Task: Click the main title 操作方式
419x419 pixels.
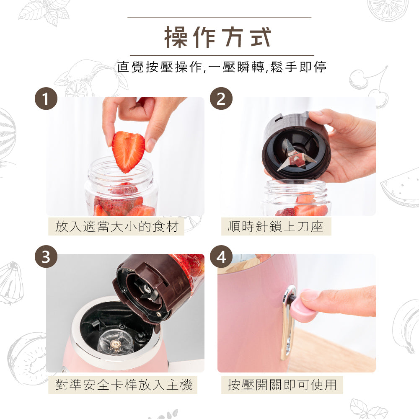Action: point(218,37)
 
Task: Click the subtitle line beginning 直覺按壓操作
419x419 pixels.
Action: point(222,67)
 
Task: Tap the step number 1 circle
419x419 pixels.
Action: point(46,99)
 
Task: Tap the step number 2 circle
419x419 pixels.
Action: point(221,99)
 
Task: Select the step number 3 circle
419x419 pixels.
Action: point(46,256)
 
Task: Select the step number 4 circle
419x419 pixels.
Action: point(221,256)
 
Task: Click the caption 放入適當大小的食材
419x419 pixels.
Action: point(117,227)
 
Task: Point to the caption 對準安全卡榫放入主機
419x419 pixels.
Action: point(124,385)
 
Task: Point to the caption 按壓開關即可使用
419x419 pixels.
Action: point(282,385)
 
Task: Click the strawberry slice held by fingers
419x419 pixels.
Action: point(128,150)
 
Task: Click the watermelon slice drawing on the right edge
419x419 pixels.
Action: point(400,186)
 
